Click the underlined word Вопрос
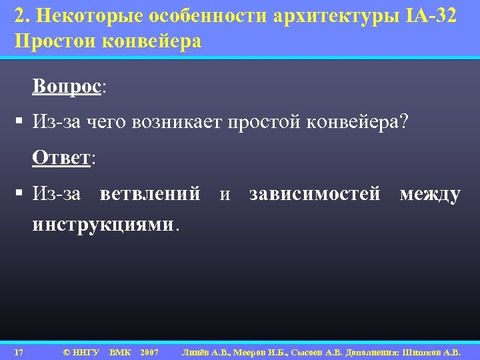68,88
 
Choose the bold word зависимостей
315,194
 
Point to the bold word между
430,194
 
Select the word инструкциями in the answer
102,225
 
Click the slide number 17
19,351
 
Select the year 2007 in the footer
149,351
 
